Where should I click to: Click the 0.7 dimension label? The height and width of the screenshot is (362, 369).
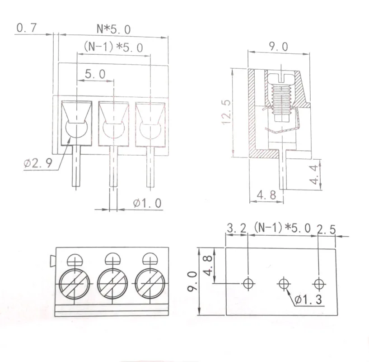point(27,28)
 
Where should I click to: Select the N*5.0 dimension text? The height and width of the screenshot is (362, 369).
point(114,29)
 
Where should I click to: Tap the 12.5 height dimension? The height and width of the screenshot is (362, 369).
point(226,112)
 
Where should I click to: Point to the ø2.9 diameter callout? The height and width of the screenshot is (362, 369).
point(37,163)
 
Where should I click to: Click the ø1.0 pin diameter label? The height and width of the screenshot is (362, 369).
point(147,203)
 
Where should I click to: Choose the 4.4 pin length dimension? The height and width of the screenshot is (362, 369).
point(314,175)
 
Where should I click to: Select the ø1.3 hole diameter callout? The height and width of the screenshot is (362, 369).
point(308,300)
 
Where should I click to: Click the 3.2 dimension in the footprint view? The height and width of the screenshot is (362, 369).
point(237,228)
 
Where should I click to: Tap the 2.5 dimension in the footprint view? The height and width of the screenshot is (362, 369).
point(327,229)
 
